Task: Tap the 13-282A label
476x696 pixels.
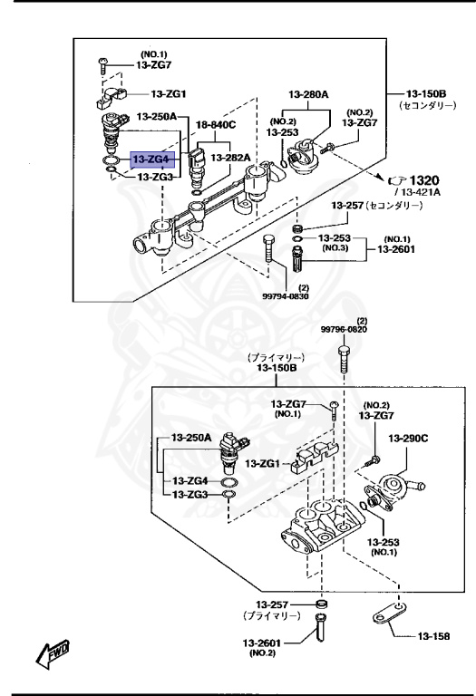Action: pyautogui.click(x=230, y=158)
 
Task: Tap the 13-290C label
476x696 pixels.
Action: pyautogui.click(x=408, y=438)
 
